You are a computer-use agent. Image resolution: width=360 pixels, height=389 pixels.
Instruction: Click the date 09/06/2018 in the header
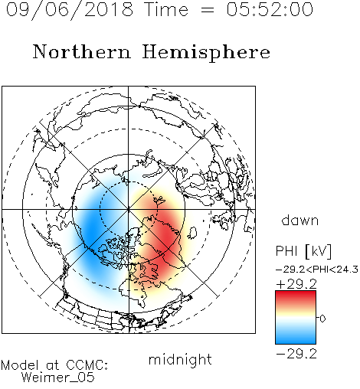click(70, 10)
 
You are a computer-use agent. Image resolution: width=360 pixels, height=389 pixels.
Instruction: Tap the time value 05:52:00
click(270, 9)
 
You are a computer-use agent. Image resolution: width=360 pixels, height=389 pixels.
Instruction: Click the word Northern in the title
click(82, 51)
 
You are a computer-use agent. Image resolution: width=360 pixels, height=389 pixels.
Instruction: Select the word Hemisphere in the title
click(206, 52)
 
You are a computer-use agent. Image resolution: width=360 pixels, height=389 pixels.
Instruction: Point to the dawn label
click(300, 220)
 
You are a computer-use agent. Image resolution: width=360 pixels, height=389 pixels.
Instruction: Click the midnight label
click(180, 360)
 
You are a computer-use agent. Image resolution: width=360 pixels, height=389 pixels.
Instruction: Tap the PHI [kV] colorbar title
click(303, 251)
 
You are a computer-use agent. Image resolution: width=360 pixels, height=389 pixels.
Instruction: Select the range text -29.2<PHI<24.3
click(317, 270)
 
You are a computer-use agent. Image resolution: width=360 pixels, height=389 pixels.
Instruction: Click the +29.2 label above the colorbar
click(296, 284)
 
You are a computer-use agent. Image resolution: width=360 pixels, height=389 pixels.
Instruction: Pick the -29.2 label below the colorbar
click(296, 354)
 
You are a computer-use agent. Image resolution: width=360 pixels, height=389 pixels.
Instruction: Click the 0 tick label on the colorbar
click(322, 319)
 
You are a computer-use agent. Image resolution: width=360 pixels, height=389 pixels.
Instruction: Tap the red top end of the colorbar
click(296, 293)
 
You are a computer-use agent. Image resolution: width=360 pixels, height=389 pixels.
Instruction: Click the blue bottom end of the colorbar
click(296, 341)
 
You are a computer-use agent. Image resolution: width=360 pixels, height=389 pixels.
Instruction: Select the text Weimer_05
click(58, 378)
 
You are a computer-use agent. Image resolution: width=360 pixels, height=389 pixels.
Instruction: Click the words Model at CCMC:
click(54, 365)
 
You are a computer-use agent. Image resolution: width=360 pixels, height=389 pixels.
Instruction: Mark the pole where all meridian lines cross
click(128, 209)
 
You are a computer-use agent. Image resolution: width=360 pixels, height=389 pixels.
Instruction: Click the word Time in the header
click(166, 9)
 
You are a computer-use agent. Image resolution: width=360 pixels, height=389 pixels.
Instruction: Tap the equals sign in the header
click(208, 11)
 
